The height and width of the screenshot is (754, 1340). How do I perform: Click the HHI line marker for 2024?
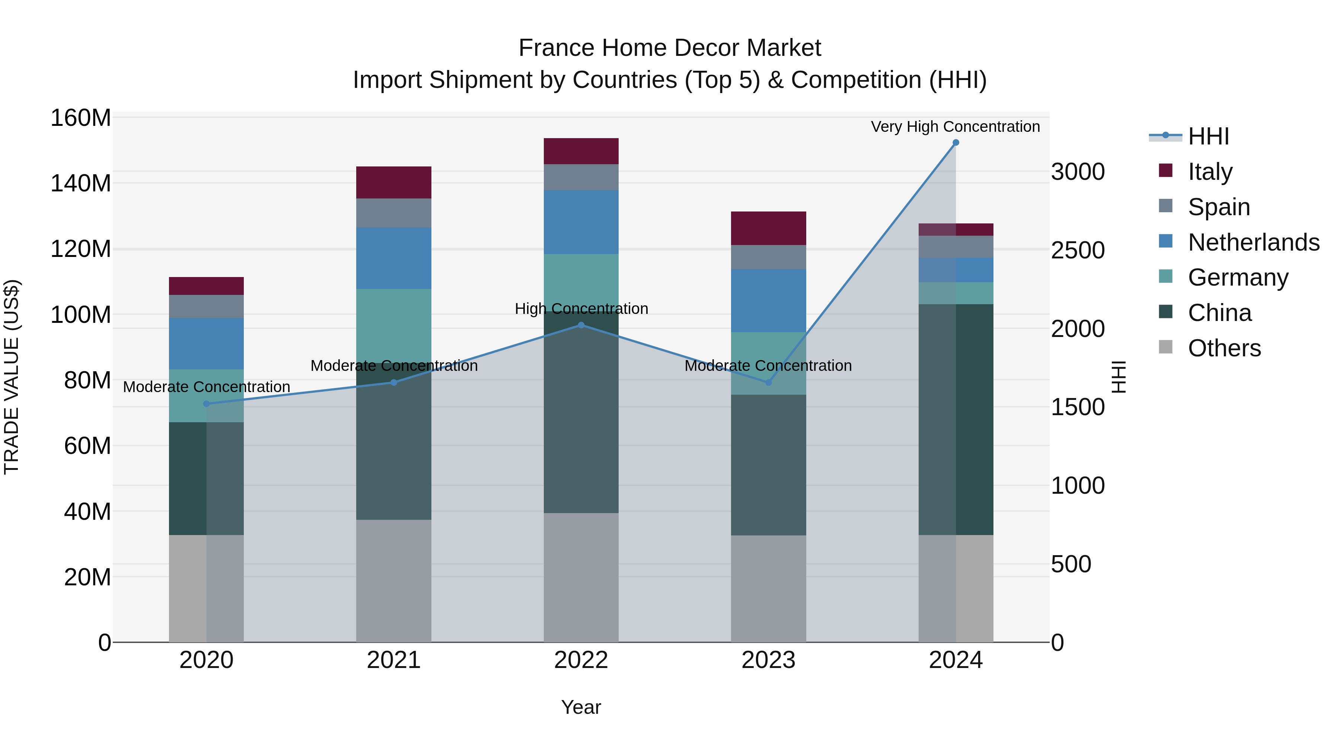[955, 143]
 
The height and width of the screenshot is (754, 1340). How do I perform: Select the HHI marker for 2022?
[581, 325]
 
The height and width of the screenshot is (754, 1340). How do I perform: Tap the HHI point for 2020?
[207, 404]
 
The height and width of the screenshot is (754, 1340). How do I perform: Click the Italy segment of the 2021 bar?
[394, 182]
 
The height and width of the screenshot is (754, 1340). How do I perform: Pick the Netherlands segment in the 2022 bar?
[581, 222]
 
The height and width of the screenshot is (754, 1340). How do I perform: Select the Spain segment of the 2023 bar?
[768, 257]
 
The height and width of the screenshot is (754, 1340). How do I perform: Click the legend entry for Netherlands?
[1254, 242]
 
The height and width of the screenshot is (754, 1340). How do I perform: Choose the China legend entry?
[1219, 313]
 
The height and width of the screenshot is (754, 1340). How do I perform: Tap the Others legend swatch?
[1166, 347]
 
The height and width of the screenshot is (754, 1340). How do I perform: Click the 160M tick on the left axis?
[81, 118]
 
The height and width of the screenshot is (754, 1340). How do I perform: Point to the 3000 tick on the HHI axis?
[1078, 172]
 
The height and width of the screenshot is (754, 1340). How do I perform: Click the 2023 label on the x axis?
[768, 660]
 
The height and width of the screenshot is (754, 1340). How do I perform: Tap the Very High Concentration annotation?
[955, 127]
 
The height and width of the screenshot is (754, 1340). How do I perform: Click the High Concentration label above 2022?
[581, 309]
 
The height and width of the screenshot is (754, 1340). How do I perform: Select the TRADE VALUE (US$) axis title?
[12, 377]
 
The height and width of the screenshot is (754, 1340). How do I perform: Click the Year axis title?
[581, 707]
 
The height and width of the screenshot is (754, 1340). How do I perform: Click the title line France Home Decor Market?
[670, 48]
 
